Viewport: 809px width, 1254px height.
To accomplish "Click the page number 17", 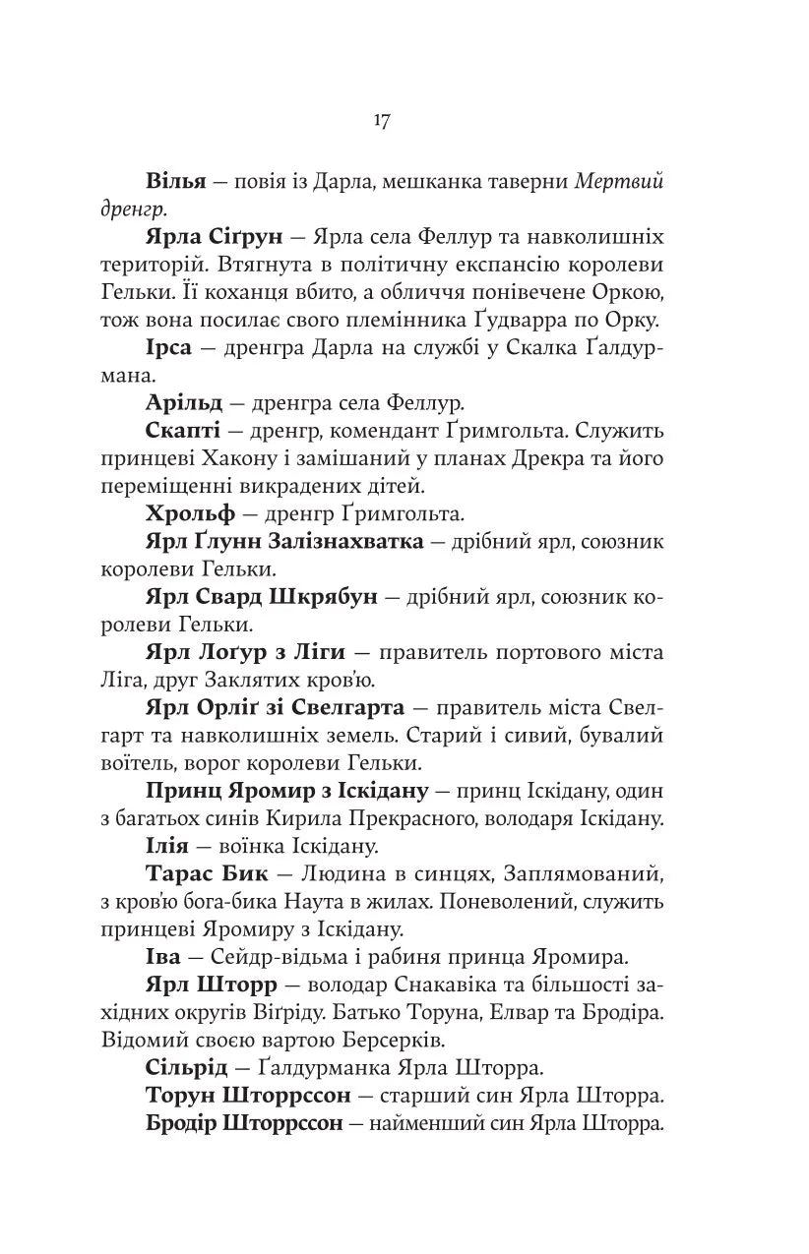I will pyautogui.click(x=382, y=121).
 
